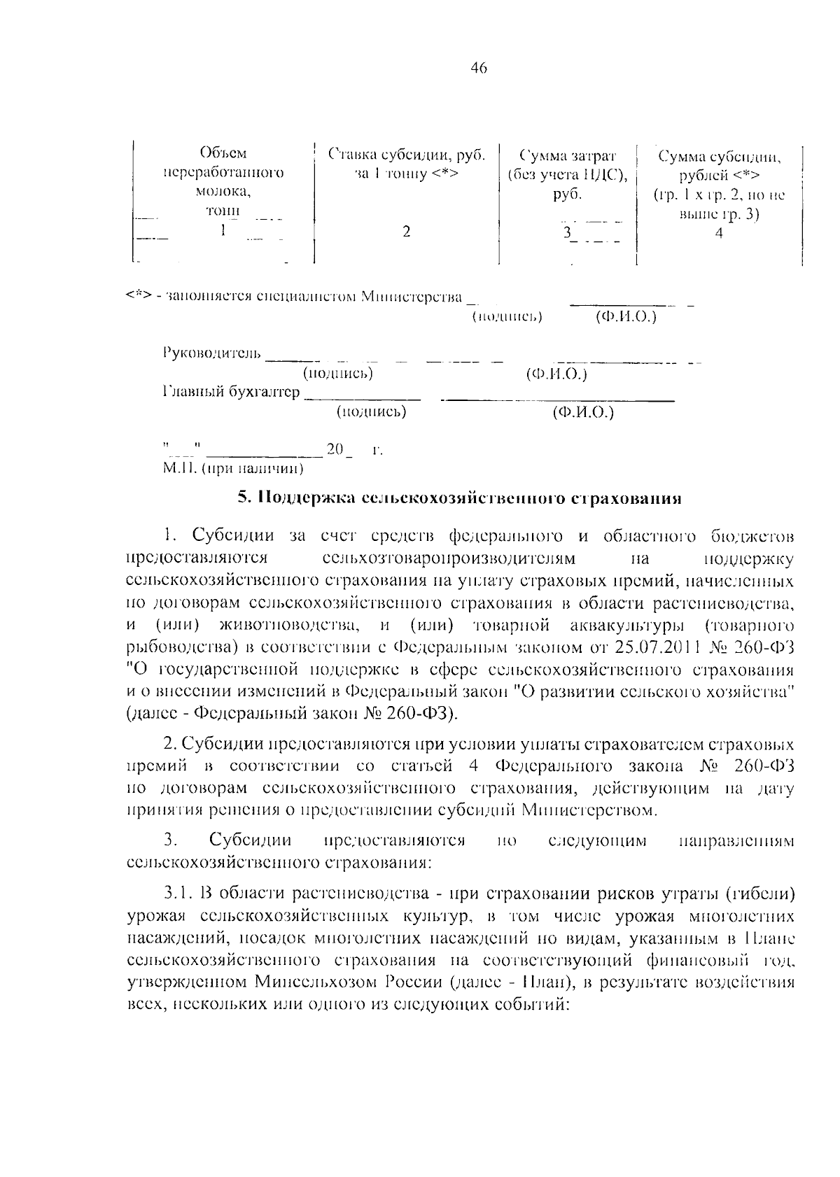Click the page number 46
(479, 68)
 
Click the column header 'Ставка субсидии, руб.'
(407, 154)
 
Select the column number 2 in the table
(406, 232)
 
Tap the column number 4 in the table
(719, 234)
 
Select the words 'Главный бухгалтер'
(231, 392)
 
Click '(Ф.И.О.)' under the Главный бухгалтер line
(582, 412)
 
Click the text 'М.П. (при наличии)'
(233, 467)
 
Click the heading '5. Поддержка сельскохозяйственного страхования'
(459, 498)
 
